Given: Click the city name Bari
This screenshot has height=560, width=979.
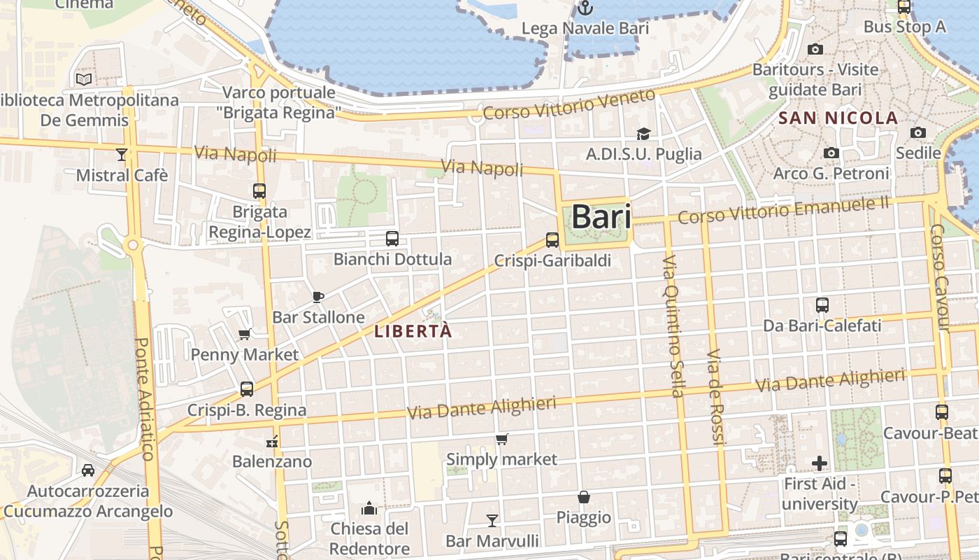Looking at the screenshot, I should click(601, 217).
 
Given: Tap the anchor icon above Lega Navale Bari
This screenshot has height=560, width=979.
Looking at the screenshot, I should click(585, 8).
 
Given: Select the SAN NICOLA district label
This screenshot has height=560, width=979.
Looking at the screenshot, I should click(838, 118).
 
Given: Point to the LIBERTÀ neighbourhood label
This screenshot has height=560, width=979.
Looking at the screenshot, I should click(413, 332).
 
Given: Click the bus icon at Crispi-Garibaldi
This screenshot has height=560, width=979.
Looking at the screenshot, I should click(552, 240).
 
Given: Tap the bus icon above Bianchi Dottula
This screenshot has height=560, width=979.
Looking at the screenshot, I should click(392, 239).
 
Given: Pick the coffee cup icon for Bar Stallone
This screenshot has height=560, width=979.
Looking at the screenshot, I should click(318, 297).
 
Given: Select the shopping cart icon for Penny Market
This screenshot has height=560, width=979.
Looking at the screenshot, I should click(245, 334).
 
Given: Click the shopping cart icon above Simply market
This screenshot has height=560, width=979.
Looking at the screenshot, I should click(501, 440).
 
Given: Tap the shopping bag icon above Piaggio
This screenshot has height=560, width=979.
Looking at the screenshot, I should click(584, 498).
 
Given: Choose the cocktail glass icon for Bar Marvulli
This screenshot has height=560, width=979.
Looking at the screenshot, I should click(492, 520).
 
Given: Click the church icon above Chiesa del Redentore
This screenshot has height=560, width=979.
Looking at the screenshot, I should click(369, 507).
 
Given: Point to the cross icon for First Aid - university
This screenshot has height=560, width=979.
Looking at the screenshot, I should click(819, 463).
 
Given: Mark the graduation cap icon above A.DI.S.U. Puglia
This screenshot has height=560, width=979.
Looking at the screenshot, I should click(643, 134).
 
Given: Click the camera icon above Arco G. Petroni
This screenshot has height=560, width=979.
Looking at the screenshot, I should click(831, 153).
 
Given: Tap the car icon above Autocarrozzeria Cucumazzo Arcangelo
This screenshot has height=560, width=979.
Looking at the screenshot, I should click(88, 470).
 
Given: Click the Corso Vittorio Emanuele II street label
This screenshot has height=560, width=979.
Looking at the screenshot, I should click(783, 210).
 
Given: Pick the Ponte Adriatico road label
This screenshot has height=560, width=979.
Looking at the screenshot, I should click(143, 399).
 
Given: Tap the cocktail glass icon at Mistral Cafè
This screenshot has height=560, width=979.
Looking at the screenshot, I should click(122, 155).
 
